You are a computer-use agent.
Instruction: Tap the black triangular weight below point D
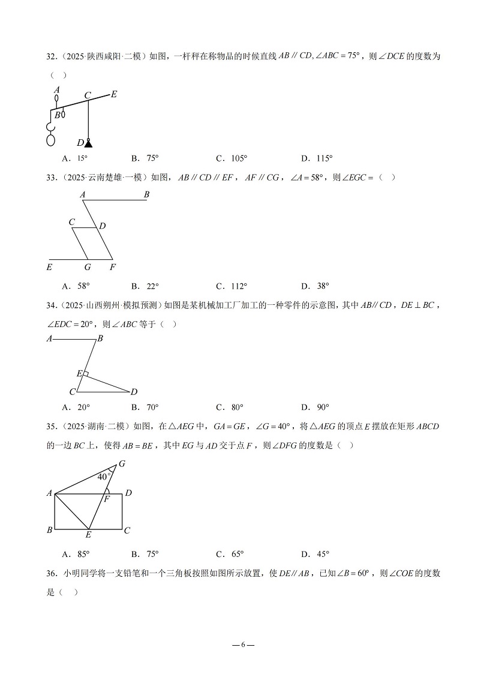pyautogui.click(x=89, y=143)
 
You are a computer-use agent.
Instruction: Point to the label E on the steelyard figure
pyautogui.click(x=114, y=94)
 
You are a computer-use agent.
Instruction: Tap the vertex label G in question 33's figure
pyautogui.click(x=88, y=267)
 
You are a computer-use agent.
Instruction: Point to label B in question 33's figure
pyautogui.click(x=147, y=194)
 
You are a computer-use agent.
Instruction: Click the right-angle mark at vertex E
pyautogui.click(x=86, y=375)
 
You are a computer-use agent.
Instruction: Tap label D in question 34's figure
pyautogui.click(x=134, y=392)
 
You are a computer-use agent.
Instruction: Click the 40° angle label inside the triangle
pyautogui.click(x=103, y=477)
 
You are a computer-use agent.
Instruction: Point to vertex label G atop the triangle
pyautogui.click(x=122, y=463)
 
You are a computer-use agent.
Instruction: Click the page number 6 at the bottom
pyautogui.click(x=243, y=645)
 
